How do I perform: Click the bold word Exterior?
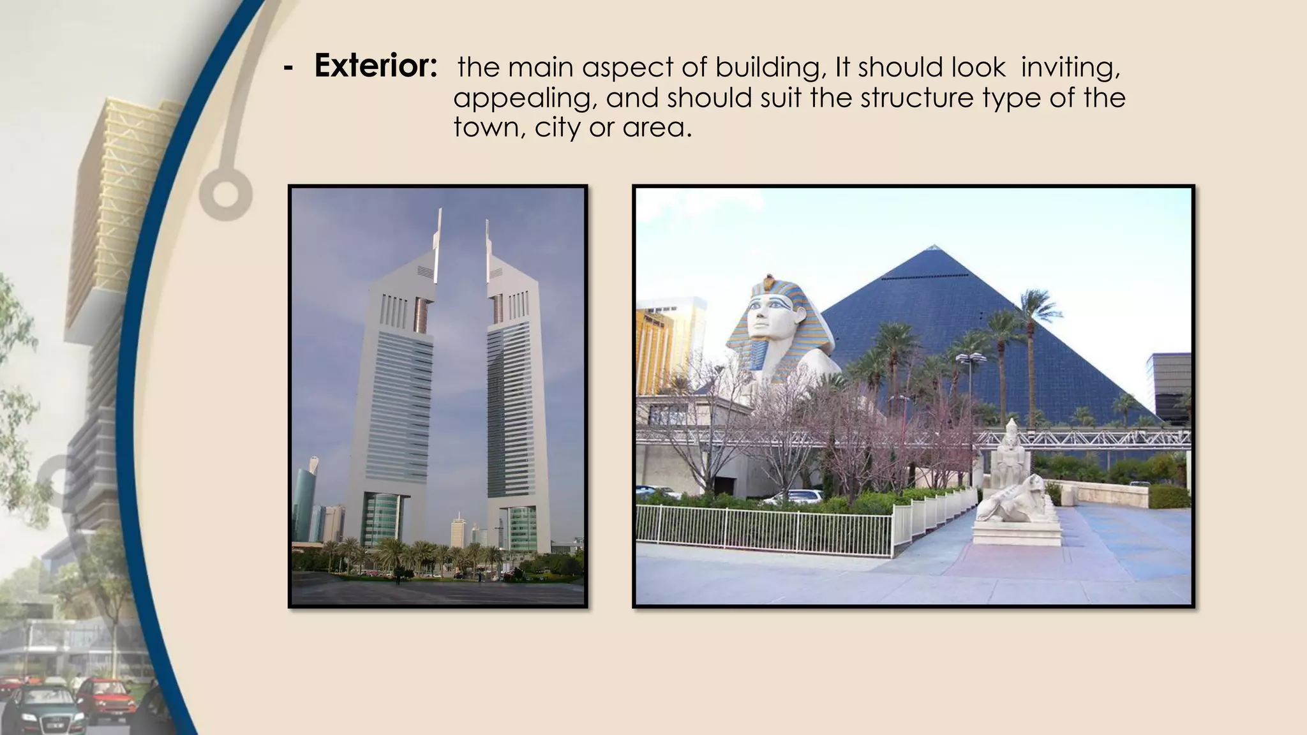tap(375, 66)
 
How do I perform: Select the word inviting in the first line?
tap(1070, 68)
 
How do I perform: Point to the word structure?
tap(916, 98)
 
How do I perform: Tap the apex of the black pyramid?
tap(934, 246)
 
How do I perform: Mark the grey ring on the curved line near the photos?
tap(225, 193)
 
